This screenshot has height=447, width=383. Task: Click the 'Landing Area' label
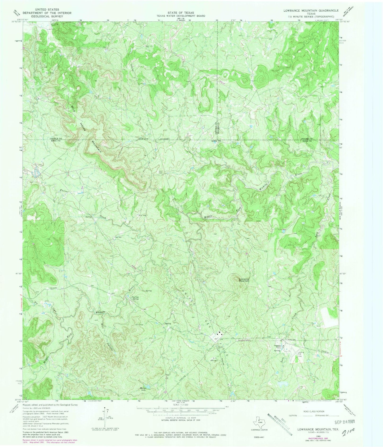pos(301,353)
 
